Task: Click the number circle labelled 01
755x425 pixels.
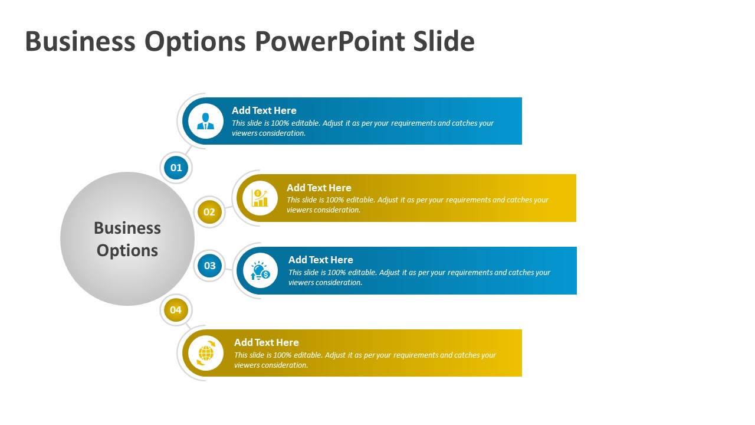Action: (176, 168)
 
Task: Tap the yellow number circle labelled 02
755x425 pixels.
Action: (209, 212)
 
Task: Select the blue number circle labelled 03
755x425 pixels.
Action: (210, 266)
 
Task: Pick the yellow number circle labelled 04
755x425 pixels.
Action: (176, 310)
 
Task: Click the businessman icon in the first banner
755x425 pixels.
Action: (205, 121)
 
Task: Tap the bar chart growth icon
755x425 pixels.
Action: (260, 198)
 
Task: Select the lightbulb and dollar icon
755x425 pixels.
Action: (260, 270)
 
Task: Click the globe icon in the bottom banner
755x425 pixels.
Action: (206, 353)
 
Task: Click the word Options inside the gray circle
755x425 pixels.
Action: (127, 250)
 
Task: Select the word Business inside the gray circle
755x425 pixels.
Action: (127, 228)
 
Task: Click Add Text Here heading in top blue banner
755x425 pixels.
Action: (264, 110)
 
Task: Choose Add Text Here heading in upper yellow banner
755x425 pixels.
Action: (319, 188)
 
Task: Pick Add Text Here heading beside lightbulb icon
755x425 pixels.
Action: (320, 260)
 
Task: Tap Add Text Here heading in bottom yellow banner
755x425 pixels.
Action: (266, 342)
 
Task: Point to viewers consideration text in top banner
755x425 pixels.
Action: (268, 133)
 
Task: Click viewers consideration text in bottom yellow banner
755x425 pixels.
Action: (271, 365)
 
